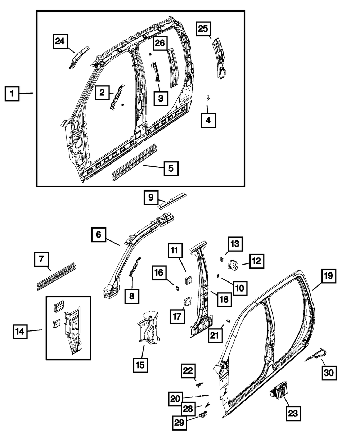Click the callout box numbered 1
click(12, 94)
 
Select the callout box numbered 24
click(60, 42)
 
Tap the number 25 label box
click(203, 29)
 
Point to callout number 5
click(171, 168)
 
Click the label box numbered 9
click(151, 198)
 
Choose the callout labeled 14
click(20, 332)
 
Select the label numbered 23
click(293, 413)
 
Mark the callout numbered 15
click(140, 364)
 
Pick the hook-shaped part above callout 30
click(317, 355)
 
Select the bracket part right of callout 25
click(219, 58)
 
